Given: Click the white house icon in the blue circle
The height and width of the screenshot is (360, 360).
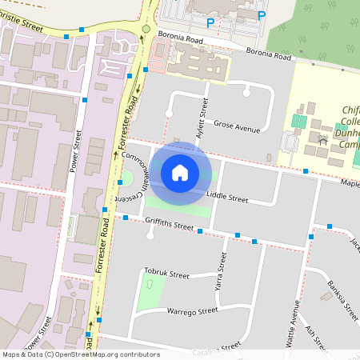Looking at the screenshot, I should pyautogui.click(x=180, y=172).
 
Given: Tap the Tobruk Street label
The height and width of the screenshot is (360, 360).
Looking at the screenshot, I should pyautogui.click(x=166, y=274).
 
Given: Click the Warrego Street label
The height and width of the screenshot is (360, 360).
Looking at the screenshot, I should pyautogui.click(x=192, y=310).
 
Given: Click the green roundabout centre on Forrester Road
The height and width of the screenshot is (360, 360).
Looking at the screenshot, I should pyautogui.click(x=146, y=29).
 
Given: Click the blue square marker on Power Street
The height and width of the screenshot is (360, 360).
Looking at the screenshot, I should pyautogui.click(x=85, y=100).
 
